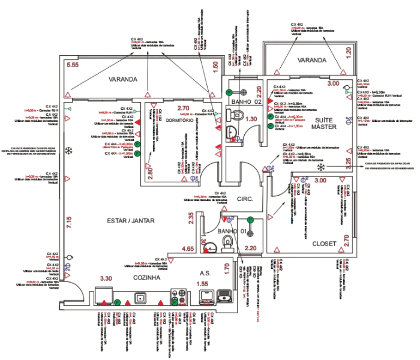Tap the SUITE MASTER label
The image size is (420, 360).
tap(324, 124)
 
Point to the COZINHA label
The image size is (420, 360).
tap(146, 278)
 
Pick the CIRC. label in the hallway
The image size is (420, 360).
tap(245, 199)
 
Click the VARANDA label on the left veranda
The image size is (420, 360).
tap(124, 79)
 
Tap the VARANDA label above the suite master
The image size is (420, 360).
tap(311, 60)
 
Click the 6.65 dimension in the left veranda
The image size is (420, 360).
tap(73, 64)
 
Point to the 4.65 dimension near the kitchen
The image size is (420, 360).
tap(188, 248)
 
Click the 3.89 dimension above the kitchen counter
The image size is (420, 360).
tap(106, 278)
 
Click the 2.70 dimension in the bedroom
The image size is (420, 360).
tap(184, 108)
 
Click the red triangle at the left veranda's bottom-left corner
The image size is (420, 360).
tap(68, 95)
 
